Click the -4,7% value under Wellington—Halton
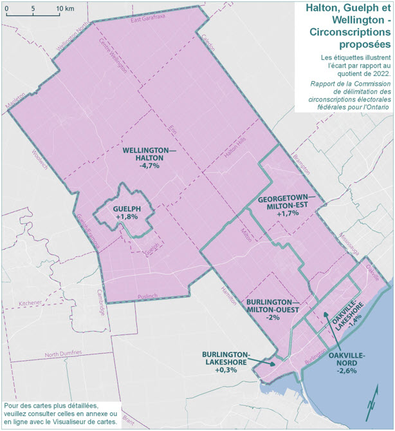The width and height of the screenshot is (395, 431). (x=148, y=166)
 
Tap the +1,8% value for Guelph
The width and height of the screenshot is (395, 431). (x=127, y=218)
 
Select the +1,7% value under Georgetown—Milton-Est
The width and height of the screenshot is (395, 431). (x=287, y=213)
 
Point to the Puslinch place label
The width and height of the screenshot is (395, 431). (x=147, y=296)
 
